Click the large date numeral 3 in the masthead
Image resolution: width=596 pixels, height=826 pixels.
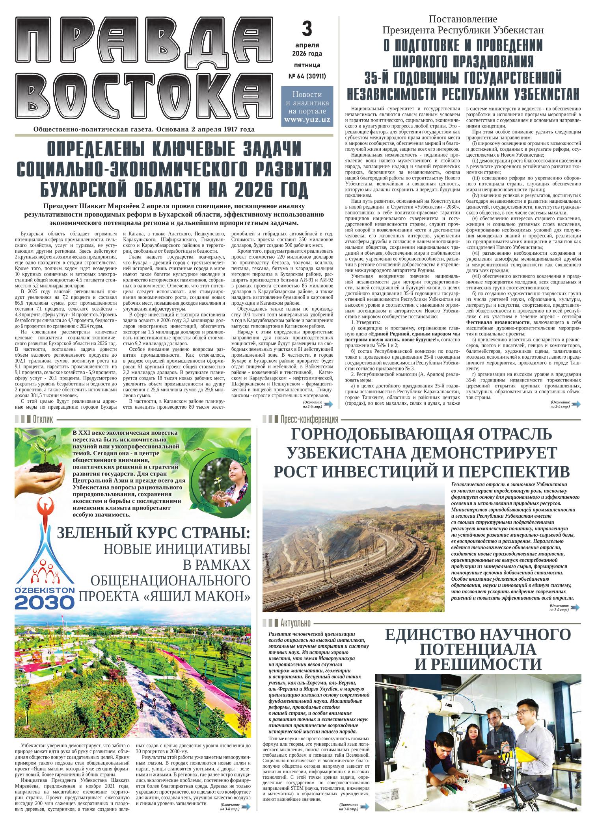point(307,29)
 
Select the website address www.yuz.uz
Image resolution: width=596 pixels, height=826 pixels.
point(307,119)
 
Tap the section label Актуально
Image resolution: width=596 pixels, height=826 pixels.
point(296,623)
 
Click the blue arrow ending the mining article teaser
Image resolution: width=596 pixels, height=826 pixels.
point(575,608)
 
